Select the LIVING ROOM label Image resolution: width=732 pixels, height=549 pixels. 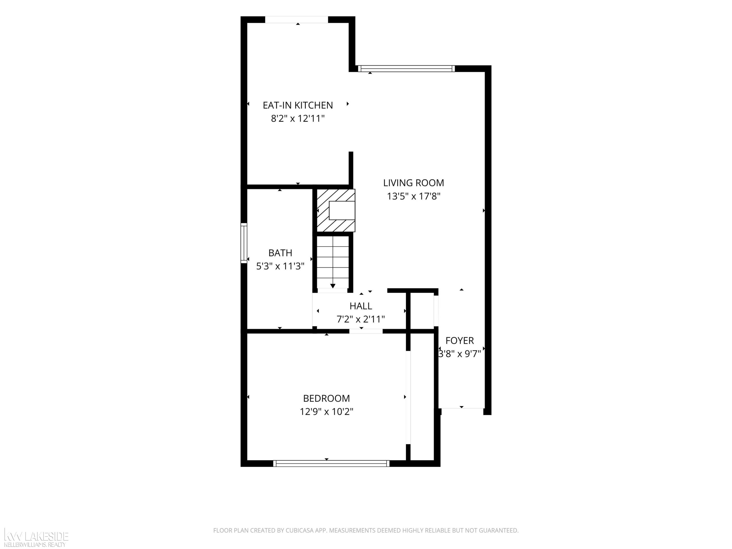(413, 183)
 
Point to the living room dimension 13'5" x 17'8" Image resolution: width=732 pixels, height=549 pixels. (413, 196)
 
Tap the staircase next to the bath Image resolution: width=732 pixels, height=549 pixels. (333, 262)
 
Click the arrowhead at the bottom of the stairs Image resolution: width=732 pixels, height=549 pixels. (333, 286)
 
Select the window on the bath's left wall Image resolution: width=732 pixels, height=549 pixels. (244, 243)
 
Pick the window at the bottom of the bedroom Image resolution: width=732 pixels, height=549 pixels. (331, 463)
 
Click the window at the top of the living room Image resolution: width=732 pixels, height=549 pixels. (406, 69)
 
